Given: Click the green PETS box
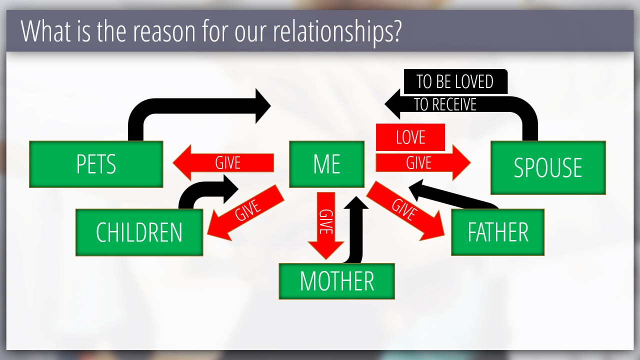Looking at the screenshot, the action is (96, 164).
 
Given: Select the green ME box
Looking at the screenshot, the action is (326, 164).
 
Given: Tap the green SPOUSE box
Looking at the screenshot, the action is (548, 167).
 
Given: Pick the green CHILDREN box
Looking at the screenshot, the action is (139, 232).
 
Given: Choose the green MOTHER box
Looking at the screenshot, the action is (337, 281).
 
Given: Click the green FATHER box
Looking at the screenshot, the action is (497, 232).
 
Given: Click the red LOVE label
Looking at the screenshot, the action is (410, 137).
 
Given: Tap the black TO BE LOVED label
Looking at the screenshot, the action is (455, 81).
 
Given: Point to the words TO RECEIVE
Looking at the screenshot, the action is (445, 104).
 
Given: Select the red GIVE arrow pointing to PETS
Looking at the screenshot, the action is (223, 163).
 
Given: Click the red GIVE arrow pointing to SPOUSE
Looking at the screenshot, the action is (423, 163).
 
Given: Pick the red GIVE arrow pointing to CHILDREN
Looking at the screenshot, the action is (245, 213).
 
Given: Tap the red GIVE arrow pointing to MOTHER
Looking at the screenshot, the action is (325, 225).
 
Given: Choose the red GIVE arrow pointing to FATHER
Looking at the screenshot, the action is (405, 211).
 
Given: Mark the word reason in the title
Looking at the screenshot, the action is (164, 32).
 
